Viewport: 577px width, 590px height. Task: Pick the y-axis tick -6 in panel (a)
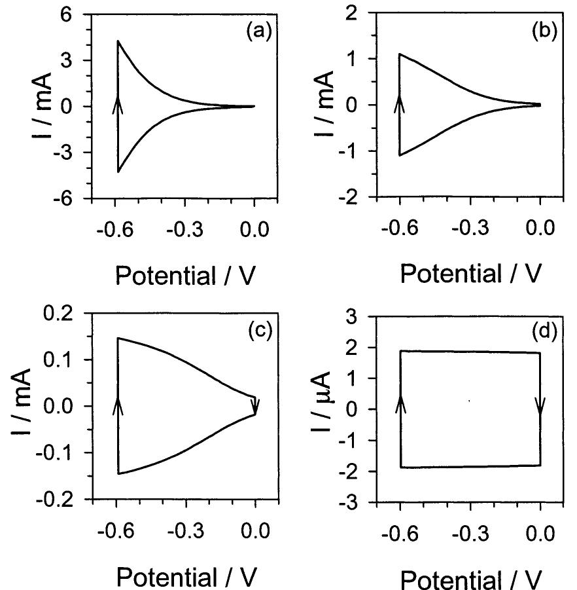click(x=73, y=198)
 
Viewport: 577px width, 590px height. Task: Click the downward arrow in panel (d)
click(x=540, y=405)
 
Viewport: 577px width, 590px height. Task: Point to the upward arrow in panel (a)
click(x=118, y=103)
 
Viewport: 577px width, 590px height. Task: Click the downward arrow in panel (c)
click(x=256, y=405)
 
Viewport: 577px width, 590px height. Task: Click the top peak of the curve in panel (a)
click(x=118, y=41)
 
